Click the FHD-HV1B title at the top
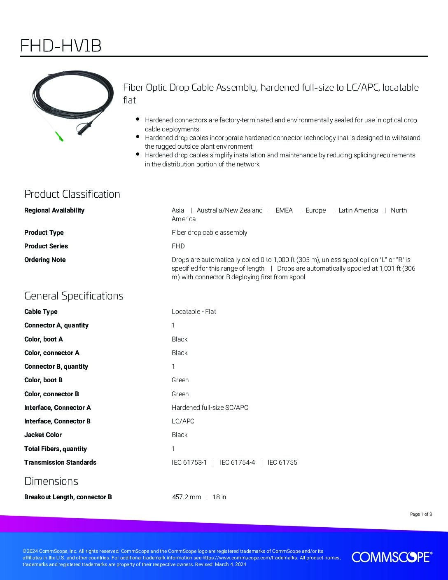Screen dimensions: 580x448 61,46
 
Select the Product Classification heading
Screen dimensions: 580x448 72,194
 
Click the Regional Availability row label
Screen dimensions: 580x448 54,210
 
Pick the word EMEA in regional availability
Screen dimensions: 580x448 284,210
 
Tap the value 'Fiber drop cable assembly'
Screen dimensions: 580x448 209,232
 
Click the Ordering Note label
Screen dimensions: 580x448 45,260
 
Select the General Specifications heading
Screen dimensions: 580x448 74,296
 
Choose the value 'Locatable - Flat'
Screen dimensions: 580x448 194,311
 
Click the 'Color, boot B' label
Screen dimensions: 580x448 43,380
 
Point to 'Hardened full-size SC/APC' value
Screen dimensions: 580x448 210,407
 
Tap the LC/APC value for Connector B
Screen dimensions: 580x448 183,421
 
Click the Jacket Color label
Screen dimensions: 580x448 43,435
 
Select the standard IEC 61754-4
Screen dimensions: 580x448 237,462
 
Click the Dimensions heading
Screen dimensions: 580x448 51,481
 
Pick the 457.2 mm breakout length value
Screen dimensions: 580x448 187,497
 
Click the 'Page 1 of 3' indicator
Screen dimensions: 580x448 421,514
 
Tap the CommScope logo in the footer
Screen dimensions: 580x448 392,557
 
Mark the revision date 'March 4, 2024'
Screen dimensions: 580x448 230,564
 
